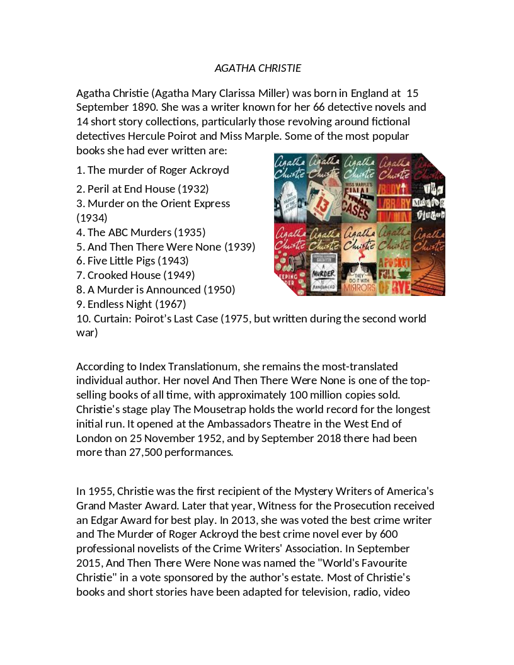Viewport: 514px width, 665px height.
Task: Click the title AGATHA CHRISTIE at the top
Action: [258, 68]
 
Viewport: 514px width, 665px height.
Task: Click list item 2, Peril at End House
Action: [142, 189]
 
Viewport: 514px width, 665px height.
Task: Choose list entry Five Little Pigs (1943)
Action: [132, 261]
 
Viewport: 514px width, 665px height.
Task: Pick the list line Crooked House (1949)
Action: [135, 275]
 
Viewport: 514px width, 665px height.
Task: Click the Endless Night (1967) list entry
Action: [131, 304]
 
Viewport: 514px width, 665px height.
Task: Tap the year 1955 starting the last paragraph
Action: [100, 491]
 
